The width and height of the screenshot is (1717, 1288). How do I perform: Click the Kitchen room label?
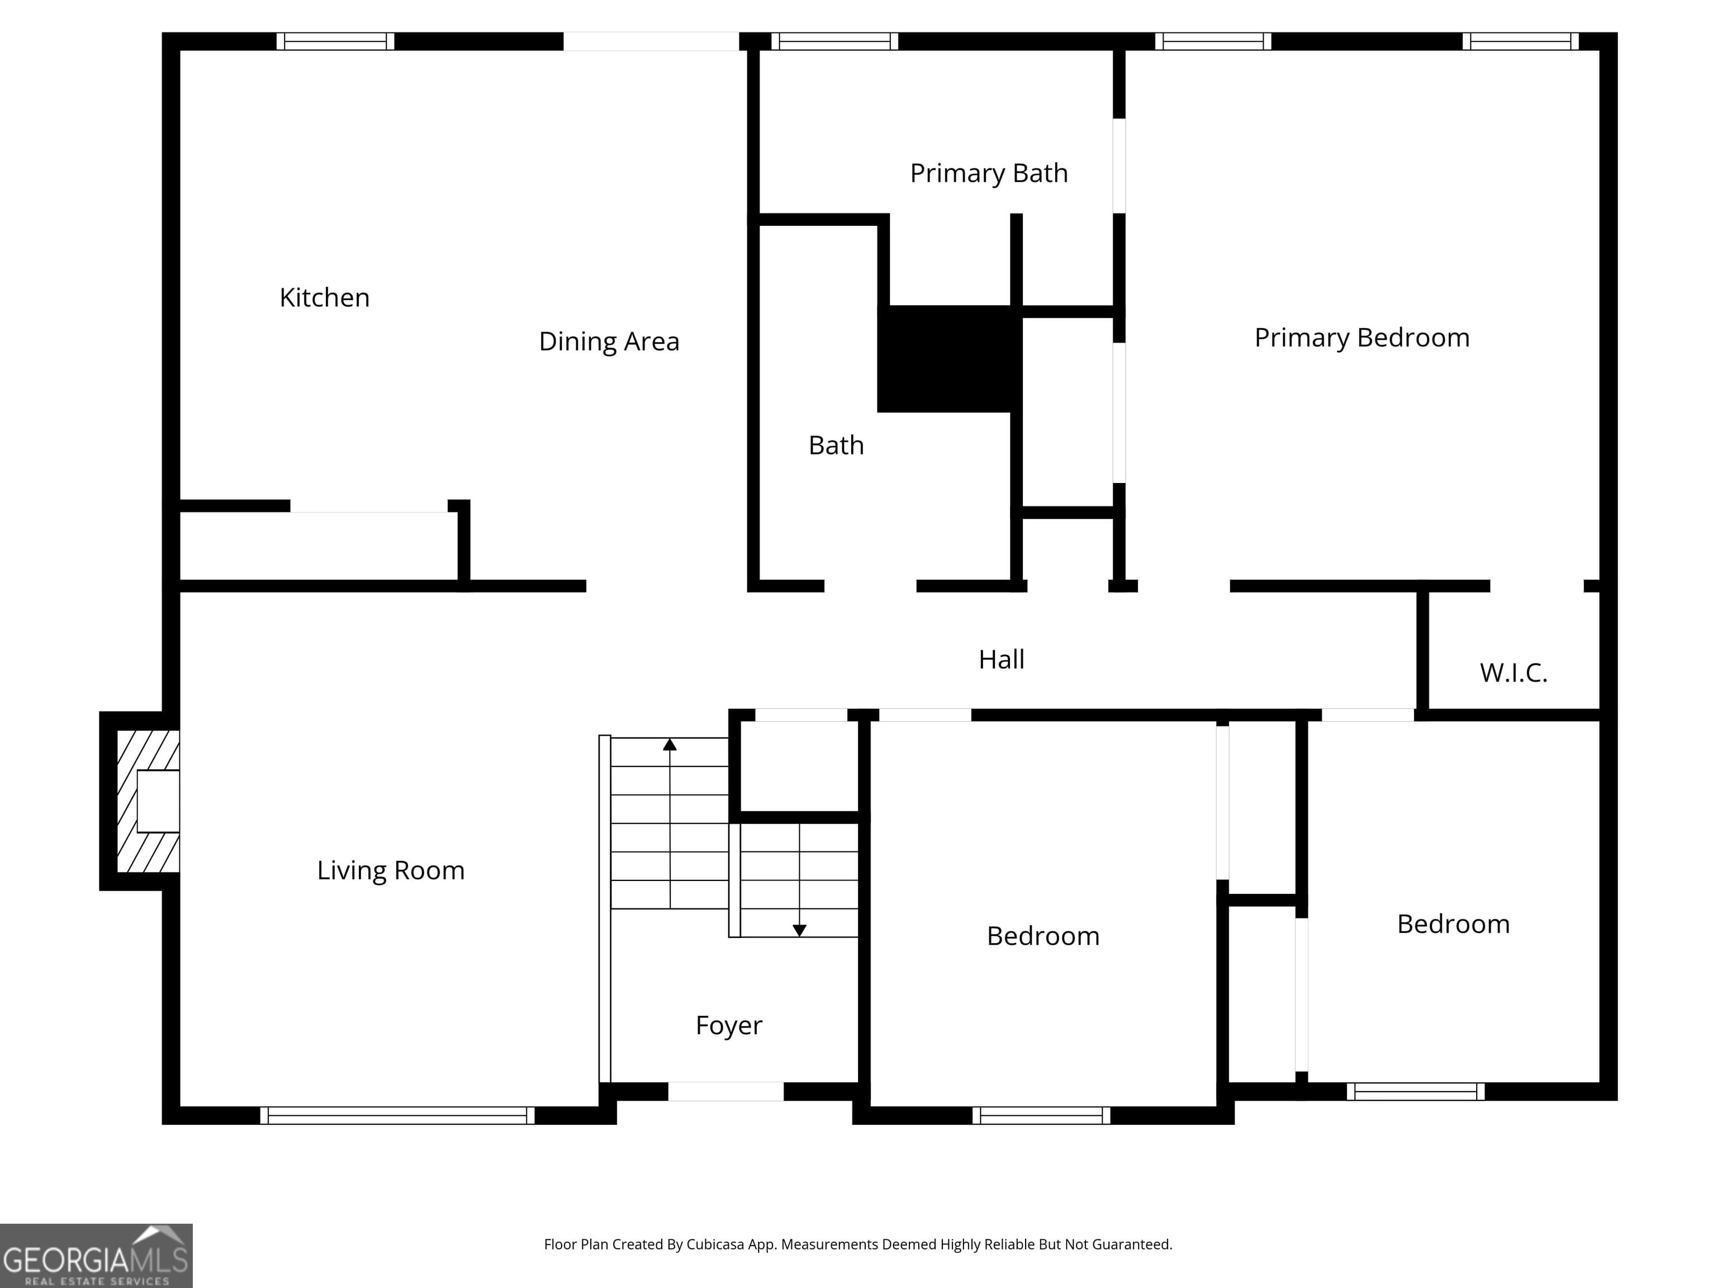[325, 297]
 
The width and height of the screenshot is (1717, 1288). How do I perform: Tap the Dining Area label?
[609, 341]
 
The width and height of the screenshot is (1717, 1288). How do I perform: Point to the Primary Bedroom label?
[1362, 337]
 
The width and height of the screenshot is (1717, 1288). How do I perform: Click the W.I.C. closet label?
[1513, 673]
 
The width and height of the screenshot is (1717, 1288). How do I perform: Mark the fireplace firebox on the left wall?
[158, 801]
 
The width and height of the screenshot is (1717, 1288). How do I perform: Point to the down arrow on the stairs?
[799, 930]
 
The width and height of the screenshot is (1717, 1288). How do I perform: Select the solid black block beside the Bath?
[948, 359]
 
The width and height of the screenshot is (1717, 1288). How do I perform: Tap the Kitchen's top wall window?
[335, 41]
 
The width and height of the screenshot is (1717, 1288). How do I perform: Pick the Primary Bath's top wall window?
[834, 41]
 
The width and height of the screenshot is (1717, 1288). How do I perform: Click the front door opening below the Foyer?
[726, 1091]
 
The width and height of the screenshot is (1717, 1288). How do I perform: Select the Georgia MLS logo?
[96, 1256]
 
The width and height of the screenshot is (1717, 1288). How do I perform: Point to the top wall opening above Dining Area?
[651, 41]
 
